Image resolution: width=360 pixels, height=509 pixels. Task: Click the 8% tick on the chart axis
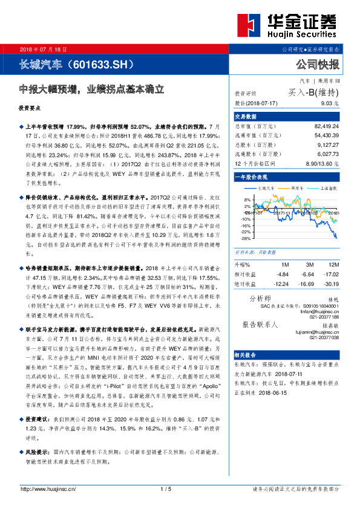point(246,199)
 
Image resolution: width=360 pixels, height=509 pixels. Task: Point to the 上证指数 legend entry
point(326,189)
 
